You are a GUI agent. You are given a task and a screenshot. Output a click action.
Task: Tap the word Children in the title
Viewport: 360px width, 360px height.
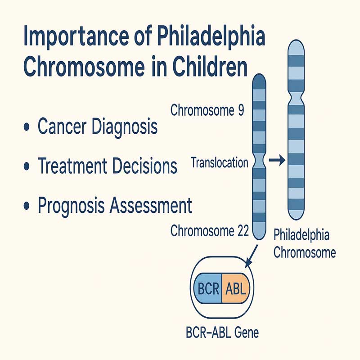(210, 67)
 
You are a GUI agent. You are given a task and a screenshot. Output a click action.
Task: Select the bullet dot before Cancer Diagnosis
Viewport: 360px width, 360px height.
(27, 127)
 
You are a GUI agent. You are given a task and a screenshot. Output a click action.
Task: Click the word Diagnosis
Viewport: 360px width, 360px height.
(125, 127)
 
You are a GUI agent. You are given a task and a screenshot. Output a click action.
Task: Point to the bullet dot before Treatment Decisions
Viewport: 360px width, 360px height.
(27, 166)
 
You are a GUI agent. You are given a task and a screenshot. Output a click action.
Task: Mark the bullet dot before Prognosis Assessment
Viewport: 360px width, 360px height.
(27, 205)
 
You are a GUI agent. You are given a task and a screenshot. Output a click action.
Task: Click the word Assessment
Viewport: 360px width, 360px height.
(151, 205)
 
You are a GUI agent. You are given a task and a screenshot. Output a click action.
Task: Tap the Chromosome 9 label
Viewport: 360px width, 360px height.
(207, 110)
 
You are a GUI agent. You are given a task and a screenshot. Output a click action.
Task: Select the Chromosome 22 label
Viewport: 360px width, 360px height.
(210, 230)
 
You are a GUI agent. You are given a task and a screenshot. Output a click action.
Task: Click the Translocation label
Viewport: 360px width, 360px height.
(220, 162)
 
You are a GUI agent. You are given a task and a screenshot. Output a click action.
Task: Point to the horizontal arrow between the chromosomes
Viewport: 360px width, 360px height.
(277, 160)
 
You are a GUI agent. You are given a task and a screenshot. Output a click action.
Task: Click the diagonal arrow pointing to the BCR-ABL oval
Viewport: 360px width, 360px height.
(252, 256)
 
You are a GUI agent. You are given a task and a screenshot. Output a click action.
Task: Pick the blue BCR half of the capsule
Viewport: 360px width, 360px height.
(208, 288)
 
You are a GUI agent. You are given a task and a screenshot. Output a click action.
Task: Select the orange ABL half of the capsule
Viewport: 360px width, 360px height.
(235, 288)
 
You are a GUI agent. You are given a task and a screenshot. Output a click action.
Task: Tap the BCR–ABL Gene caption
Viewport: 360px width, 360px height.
(222, 333)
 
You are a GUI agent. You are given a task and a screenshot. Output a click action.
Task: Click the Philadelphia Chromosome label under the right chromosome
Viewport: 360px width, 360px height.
(305, 243)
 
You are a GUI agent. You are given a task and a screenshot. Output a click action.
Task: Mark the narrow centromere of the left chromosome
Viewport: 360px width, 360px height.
(259, 161)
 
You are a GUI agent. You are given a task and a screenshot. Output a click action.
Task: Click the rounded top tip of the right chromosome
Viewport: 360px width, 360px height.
(296, 40)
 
